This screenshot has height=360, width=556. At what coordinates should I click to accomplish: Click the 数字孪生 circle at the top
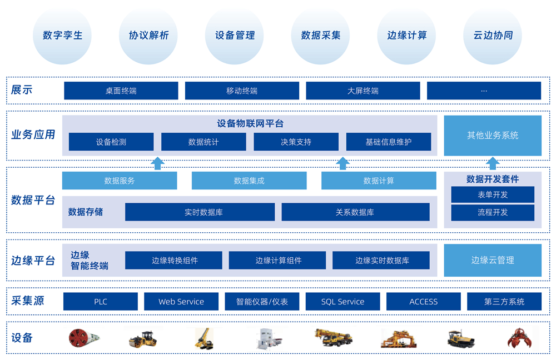(62, 36)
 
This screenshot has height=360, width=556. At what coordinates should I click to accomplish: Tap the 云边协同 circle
(493, 36)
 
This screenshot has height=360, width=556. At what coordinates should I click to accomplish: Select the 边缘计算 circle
(407, 36)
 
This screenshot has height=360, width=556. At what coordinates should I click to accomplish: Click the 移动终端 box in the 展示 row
(242, 91)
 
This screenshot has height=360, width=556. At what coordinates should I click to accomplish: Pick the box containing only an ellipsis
(484, 91)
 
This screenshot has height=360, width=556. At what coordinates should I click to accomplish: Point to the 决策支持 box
(296, 142)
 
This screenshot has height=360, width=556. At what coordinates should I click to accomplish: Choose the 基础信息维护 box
(388, 142)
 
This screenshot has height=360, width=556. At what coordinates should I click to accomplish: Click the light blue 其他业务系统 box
(492, 136)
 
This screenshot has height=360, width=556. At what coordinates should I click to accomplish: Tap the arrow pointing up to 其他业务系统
(493, 163)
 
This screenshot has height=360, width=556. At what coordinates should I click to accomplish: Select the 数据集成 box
(249, 181)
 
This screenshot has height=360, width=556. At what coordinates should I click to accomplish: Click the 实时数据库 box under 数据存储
(200, 212)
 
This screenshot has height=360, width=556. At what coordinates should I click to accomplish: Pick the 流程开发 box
(492, 212)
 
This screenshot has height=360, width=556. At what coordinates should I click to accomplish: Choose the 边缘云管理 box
(492, 260)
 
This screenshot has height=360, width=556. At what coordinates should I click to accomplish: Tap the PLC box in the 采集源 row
(101, 302)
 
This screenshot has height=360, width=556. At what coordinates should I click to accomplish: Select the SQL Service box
(342, 302)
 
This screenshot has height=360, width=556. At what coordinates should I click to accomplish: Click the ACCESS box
(423, 302)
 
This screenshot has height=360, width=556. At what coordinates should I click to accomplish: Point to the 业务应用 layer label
(33, 134)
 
